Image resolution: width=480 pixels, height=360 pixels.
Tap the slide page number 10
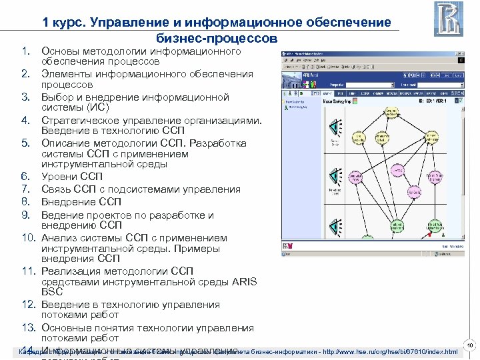click(x=470, y=345)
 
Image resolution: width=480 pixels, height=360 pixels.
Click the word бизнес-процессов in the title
click(x=217, y=38)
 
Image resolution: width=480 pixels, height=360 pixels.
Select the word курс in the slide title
click(x=69, y=22)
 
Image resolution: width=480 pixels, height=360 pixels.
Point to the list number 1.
click(x=26, y=51)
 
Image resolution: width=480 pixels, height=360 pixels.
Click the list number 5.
click(x=26, y=143)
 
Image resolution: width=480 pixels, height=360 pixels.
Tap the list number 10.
click(x=30, y=238)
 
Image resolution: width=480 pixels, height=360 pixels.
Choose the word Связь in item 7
click(x=58, y=189)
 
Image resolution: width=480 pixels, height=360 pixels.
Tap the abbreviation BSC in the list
click(x=53, y=291)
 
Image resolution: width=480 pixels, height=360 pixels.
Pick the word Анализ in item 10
click(x=59, y=238)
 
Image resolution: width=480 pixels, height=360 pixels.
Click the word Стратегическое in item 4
click(x=82, y=120)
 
